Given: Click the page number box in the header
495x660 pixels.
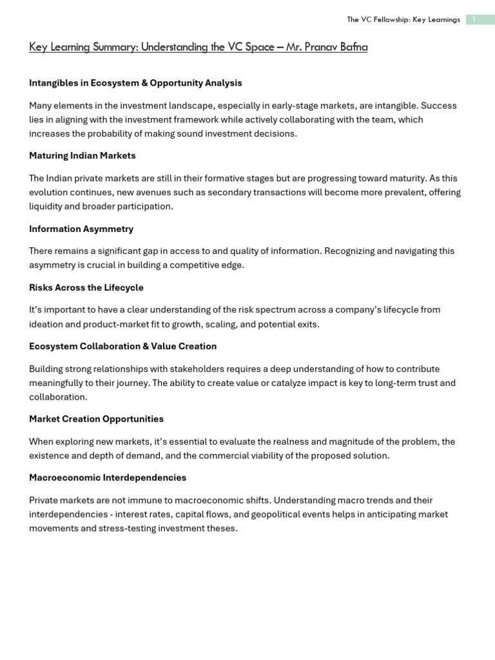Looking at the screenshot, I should (x=480, y=19).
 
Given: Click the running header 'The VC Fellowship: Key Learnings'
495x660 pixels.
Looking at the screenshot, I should (x=403, y=19).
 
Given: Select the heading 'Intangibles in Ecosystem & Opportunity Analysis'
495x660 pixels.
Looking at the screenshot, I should (x=135, y=82).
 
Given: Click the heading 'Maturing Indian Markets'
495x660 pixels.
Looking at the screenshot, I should (x=82, y=155).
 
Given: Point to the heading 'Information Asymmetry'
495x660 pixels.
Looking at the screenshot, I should (x=81, y=229).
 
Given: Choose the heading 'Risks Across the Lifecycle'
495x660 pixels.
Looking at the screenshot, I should (x=86, y=287).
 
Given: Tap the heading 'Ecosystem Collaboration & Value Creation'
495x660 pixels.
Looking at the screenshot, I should (x=122, y=346).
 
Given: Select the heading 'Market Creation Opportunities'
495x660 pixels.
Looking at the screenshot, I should (x=96, y=419).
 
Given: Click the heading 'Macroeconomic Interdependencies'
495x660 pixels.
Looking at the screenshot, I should (x=108, y=478).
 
